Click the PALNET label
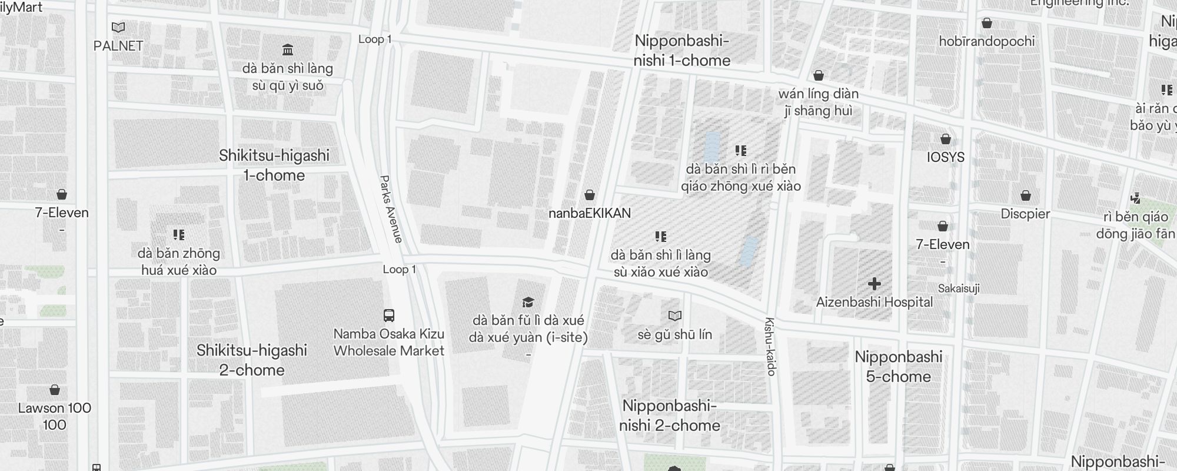tap(118, 46)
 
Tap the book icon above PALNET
tap(118, 27)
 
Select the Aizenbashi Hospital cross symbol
tap(875, 284)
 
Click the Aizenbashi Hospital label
tap(875, 302)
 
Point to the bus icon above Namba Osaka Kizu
tap(389, 315)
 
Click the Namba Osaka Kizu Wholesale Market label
tap(389, 342)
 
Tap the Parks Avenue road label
tap(391, 209)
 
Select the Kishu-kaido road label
tap(770, 347)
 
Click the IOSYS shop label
tap(946, 157)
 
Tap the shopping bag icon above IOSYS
tap(946, 139)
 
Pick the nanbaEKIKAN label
tap(590, 213)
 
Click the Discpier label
tap(1025, 214)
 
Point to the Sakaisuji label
tap(959, 288)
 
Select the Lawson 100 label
tap(55, 408)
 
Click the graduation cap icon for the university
tap(528, 302)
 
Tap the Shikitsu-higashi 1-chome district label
tap(274, 165)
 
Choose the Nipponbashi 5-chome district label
tap(899, 367)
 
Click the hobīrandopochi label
tap(987, 41)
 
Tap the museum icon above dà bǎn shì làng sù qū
tap(288, 49)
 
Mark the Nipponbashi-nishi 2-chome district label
tap(670, 416)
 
